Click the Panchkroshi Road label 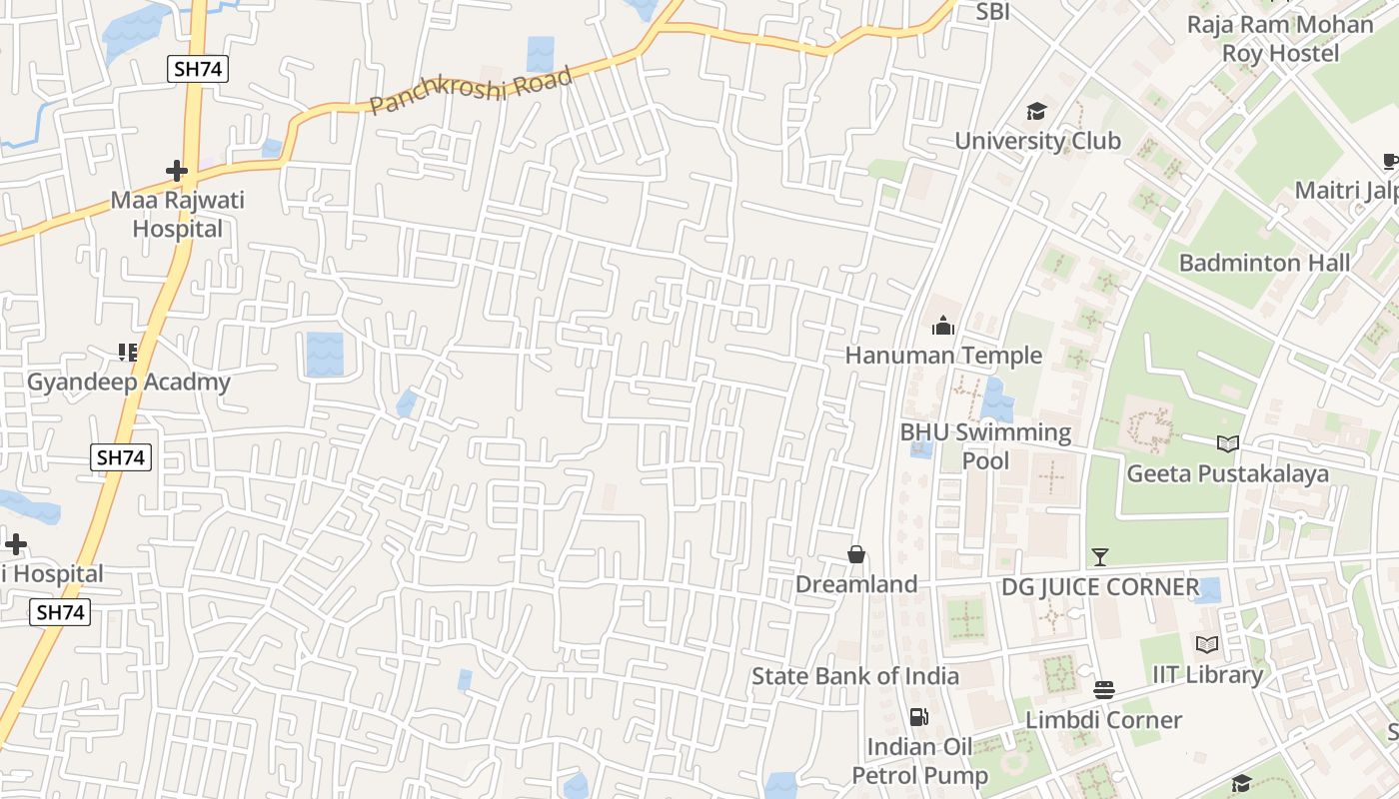coord(471,91)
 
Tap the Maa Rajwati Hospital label coord(177,214)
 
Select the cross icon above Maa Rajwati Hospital coord(177,171)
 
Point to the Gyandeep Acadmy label coord(128,382)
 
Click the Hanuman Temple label coord(943,356)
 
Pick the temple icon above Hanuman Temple coord(943,326)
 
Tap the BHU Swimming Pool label coord(985,446)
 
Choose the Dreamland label coord(856,584)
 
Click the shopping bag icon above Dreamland coord(856,554)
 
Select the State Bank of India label coord(855,676)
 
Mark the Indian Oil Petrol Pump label coord(919,761)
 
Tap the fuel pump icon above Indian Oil coord(918,716)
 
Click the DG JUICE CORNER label coord(1100,586)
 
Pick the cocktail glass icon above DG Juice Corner coord(1100,556)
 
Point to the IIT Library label coord(1207,674)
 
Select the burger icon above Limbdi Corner coord(1104,690)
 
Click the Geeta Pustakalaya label coord(1228,473)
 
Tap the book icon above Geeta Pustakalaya coord(1228,443)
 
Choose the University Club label coord(1037,141)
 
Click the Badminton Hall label coord(1264,263)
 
